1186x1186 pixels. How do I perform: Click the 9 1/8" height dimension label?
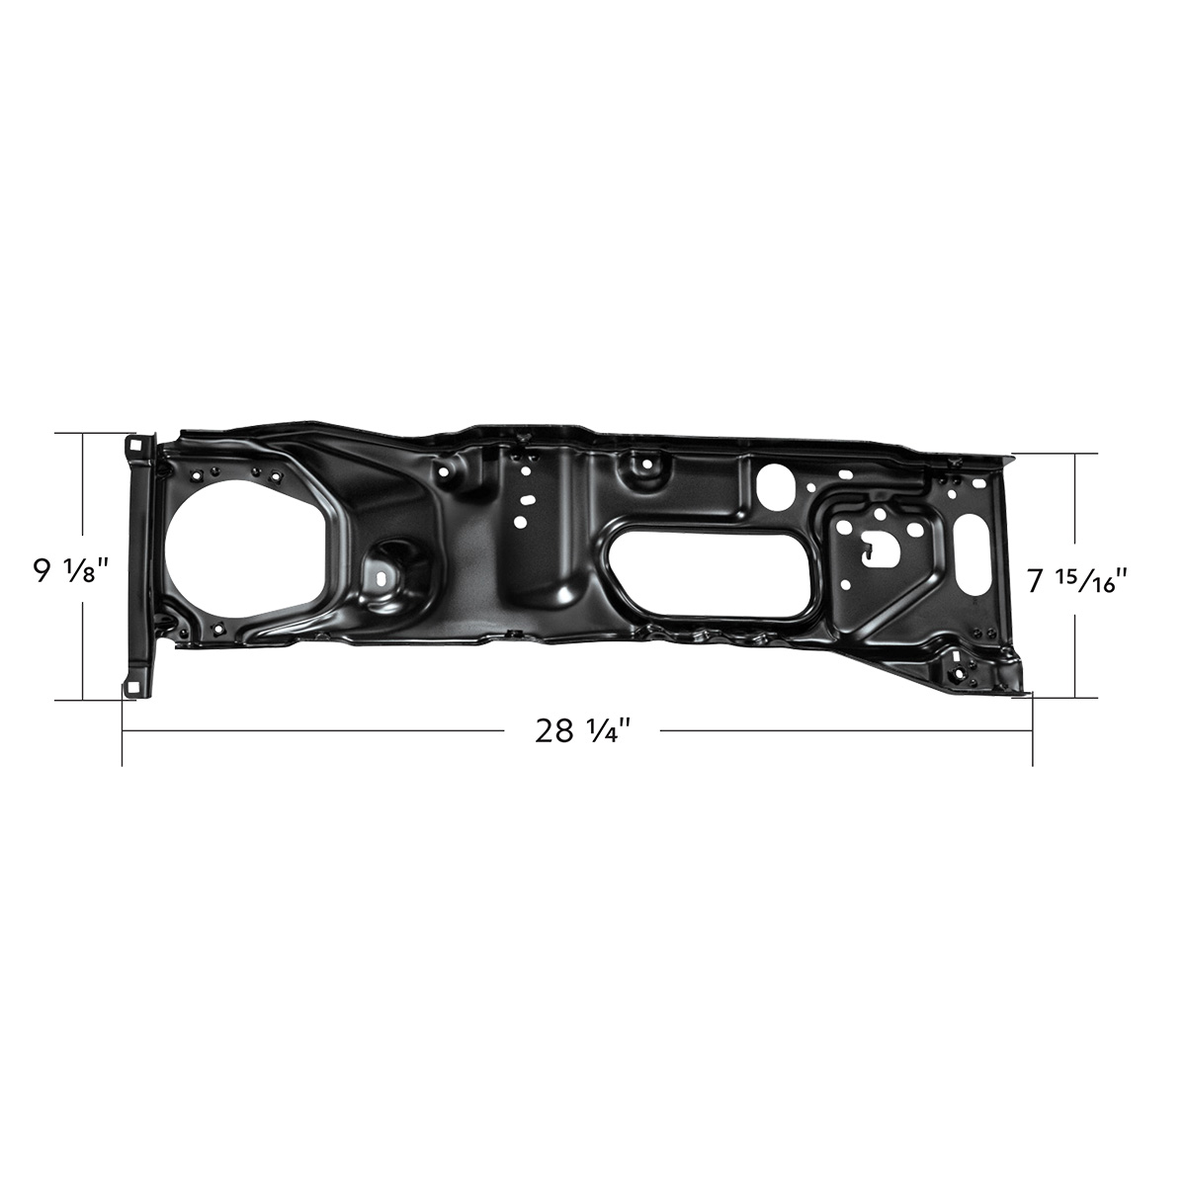coord(70,571)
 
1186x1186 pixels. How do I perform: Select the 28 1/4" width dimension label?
coord(583,731)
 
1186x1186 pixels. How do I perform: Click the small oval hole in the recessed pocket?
coord(381,571)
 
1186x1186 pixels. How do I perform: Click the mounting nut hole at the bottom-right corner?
coord(958,670)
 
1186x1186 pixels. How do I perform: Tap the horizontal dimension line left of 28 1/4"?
coord(316,731)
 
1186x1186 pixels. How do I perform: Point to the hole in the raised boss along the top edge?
coord(647,462)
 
